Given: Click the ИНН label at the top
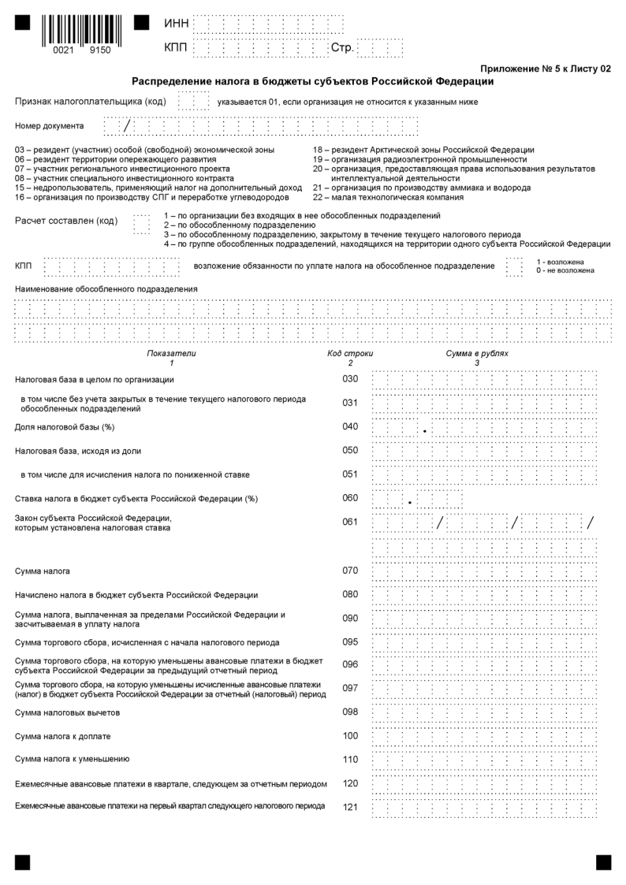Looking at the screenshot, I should tap(176, 24).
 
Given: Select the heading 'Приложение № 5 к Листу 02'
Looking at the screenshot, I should tap(545, 69).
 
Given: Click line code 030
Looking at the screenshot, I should tap(350, 379).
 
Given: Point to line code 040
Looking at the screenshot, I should tap(350, 426).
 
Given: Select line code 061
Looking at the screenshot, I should tap(350, 521).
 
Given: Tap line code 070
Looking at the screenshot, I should tap(350, 570).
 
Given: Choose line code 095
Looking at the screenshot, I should tap(350, 641).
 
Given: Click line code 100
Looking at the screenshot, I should tap(350, 735).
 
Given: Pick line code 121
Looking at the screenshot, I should tap(350, 807).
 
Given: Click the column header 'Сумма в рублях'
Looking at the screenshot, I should tap(477, 354).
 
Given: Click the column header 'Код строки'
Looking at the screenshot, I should tap(350, 354).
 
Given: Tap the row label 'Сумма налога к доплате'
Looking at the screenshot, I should tap(63, 736).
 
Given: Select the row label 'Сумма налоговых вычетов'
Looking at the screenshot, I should tap(68, 712).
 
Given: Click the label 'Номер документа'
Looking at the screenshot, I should tap(49, 125).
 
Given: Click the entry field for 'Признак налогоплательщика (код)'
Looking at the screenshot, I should tap(193, 102).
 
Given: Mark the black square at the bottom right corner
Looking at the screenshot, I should tap(603, 862).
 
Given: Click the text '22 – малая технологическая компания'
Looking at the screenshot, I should tap(388, 197).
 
